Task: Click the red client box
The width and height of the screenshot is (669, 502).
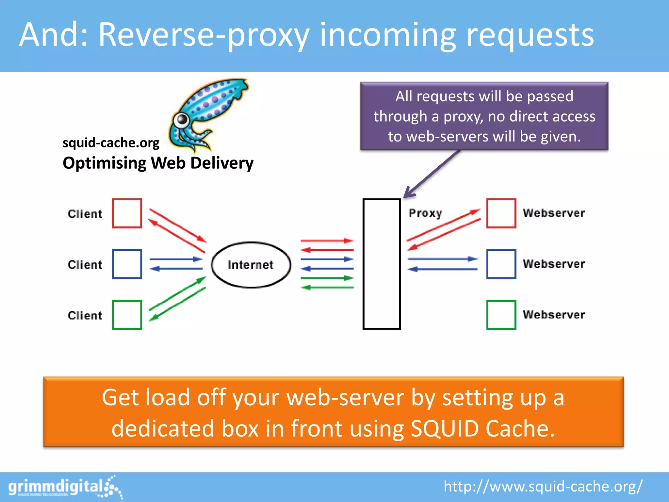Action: coord(127,213)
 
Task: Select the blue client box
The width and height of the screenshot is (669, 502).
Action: coord(127,264)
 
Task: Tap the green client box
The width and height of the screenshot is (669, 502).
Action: coord(127,315)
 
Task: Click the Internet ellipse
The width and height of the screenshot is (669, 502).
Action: coord(251,265)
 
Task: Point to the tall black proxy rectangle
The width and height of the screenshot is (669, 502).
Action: coord(382,264)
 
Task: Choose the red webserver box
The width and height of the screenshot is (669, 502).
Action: coord(501,213)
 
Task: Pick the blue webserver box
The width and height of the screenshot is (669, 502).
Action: coord(501,264)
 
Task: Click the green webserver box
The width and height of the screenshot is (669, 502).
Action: coord(501,315)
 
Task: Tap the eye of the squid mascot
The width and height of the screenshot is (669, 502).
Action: coord(181,120)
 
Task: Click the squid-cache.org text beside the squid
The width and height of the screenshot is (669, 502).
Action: coord(111,143)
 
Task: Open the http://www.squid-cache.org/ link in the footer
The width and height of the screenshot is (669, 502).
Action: coord(543,486)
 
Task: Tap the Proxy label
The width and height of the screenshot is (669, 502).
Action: coord(425,213)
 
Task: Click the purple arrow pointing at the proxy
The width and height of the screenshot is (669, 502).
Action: coord(431,175)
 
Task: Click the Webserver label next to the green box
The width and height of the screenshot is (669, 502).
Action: coord(554,314)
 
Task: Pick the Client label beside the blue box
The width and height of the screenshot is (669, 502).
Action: coord(85,264)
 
